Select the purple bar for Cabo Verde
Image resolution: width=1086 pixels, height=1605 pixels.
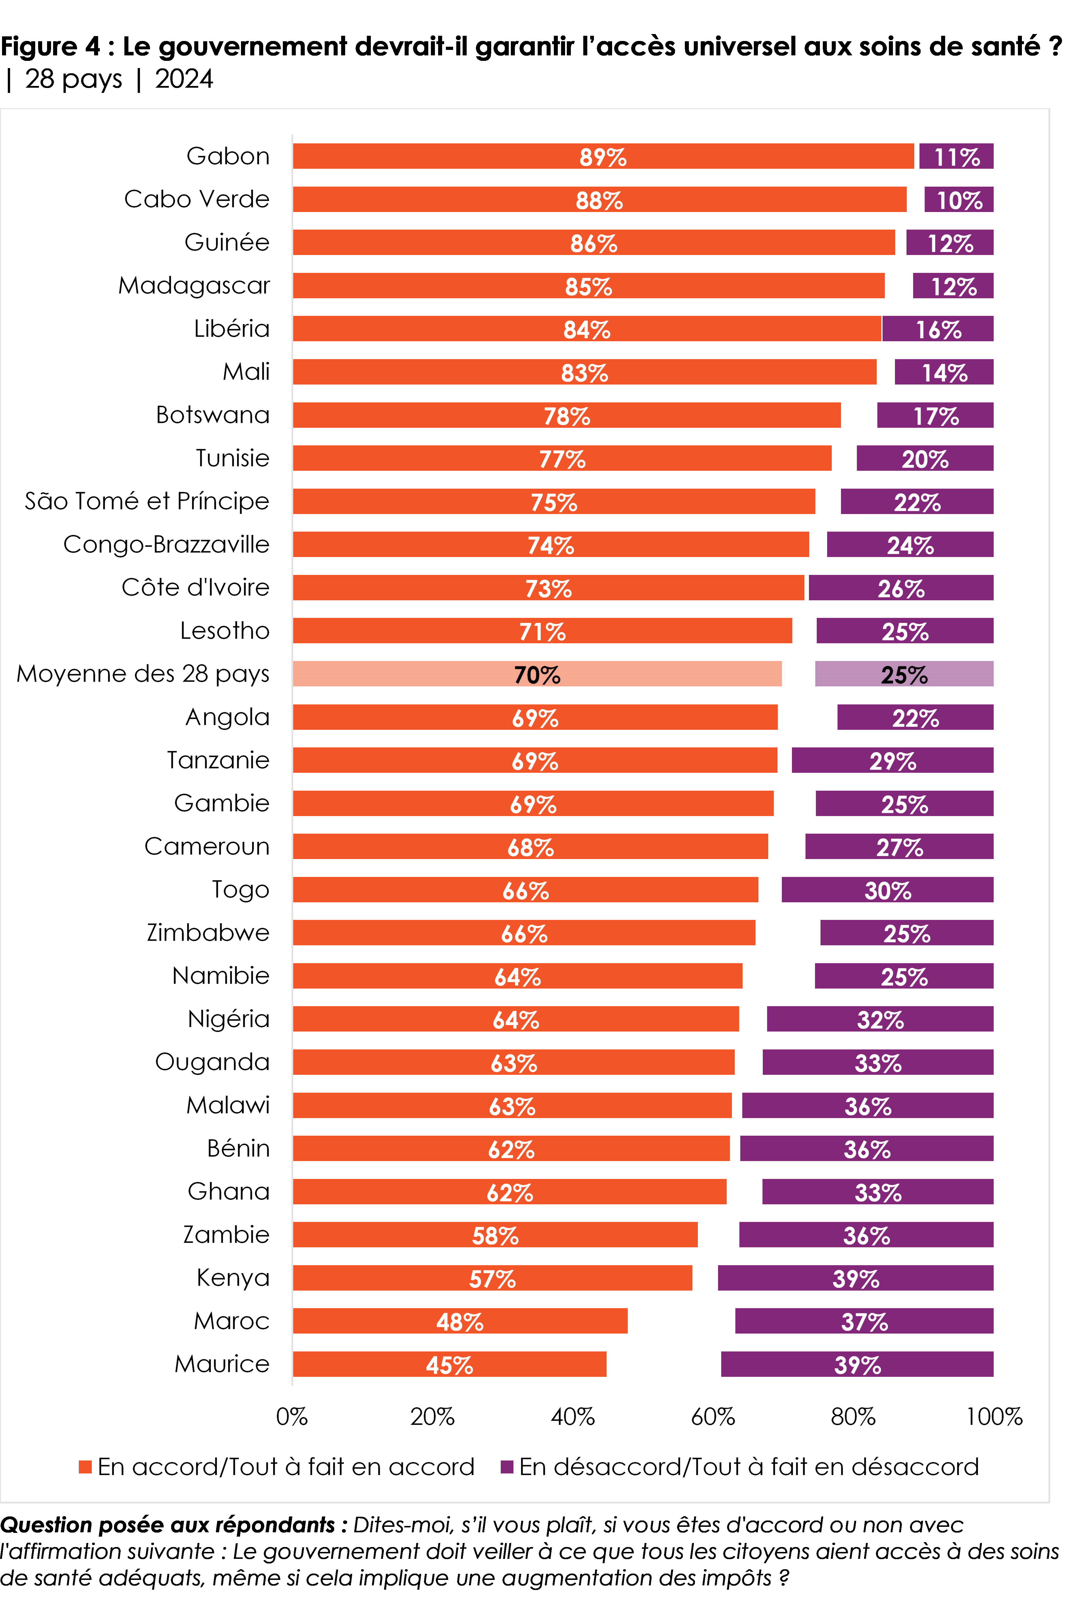pyautogui.click(x=959, y=200)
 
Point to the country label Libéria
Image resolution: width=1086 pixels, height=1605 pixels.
pyautogui.click(x=231, y=329)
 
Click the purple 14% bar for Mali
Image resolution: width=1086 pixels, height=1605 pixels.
pyautogui.click(x=944, y=372)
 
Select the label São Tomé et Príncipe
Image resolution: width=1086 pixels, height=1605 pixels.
pyautogui.click(x=146, y=501)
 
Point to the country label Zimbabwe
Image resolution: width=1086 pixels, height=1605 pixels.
pyautogui.click(x=208, y=933)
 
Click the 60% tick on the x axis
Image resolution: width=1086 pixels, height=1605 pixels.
pyautogui.click(x=713, y=1417)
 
